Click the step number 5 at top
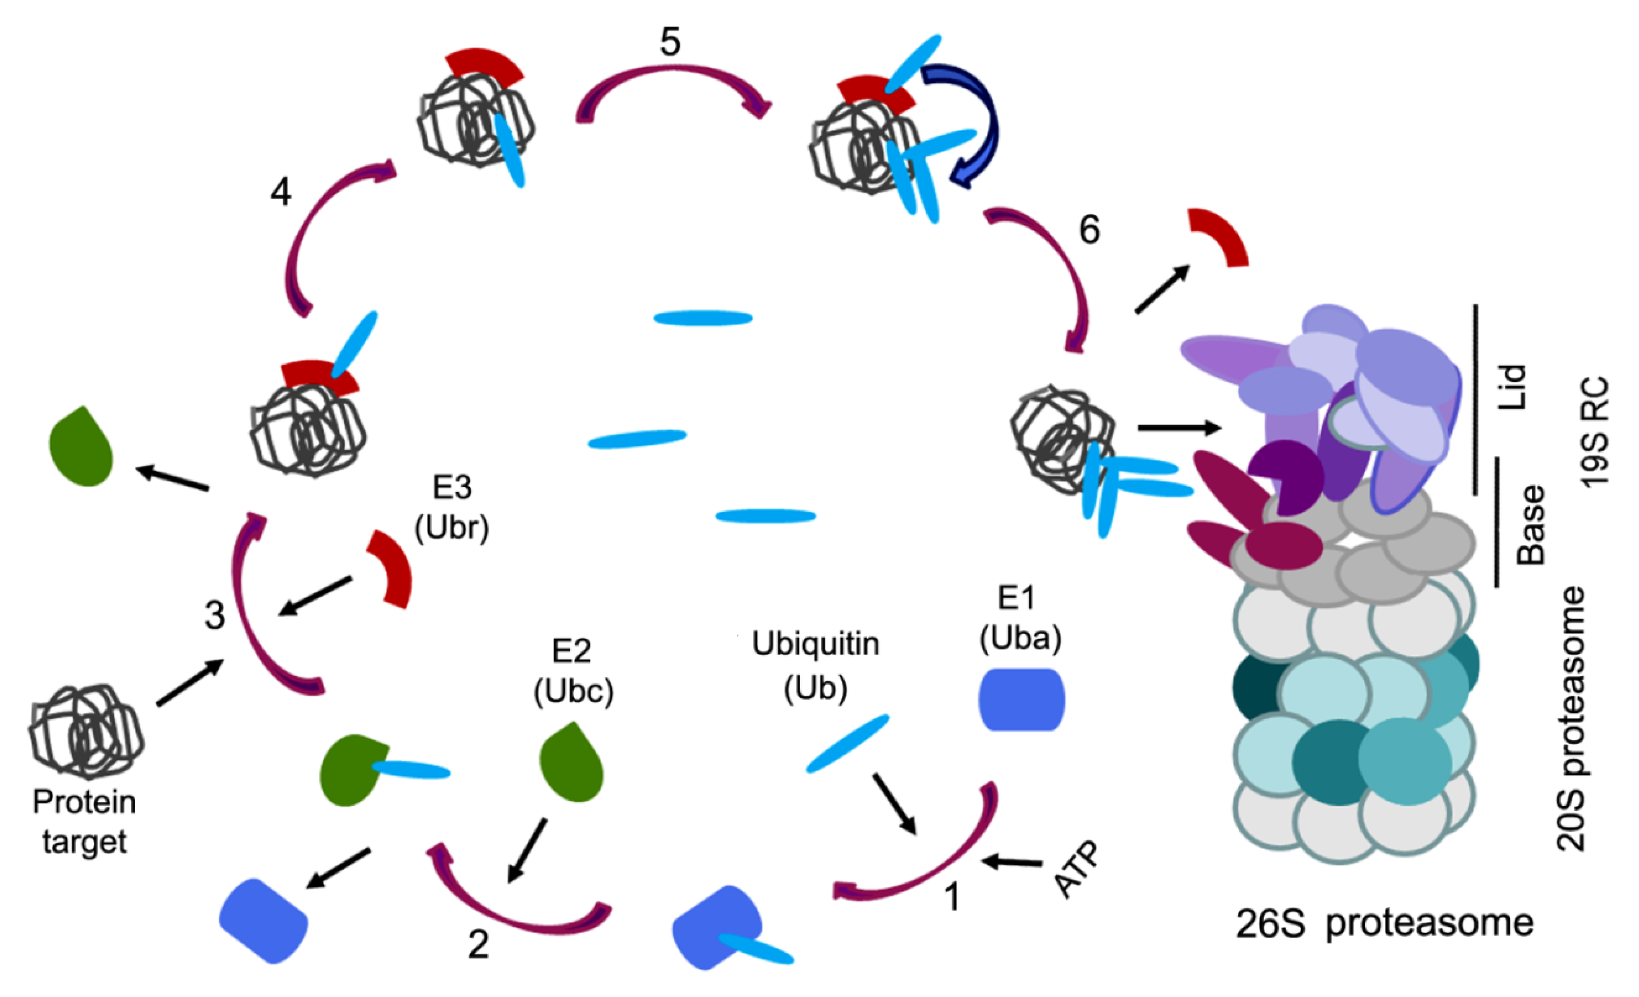click(x=670, y=42)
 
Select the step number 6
click(x=1089, y=229)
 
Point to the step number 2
click(x=478, y=944)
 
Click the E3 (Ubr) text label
click(x=452, y=508)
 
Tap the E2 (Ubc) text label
click(x=573, y=671)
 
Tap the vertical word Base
click(x=1530, y=525)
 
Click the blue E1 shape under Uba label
click(x=1021, y=700)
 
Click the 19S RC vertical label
click(x=1594, y=432)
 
